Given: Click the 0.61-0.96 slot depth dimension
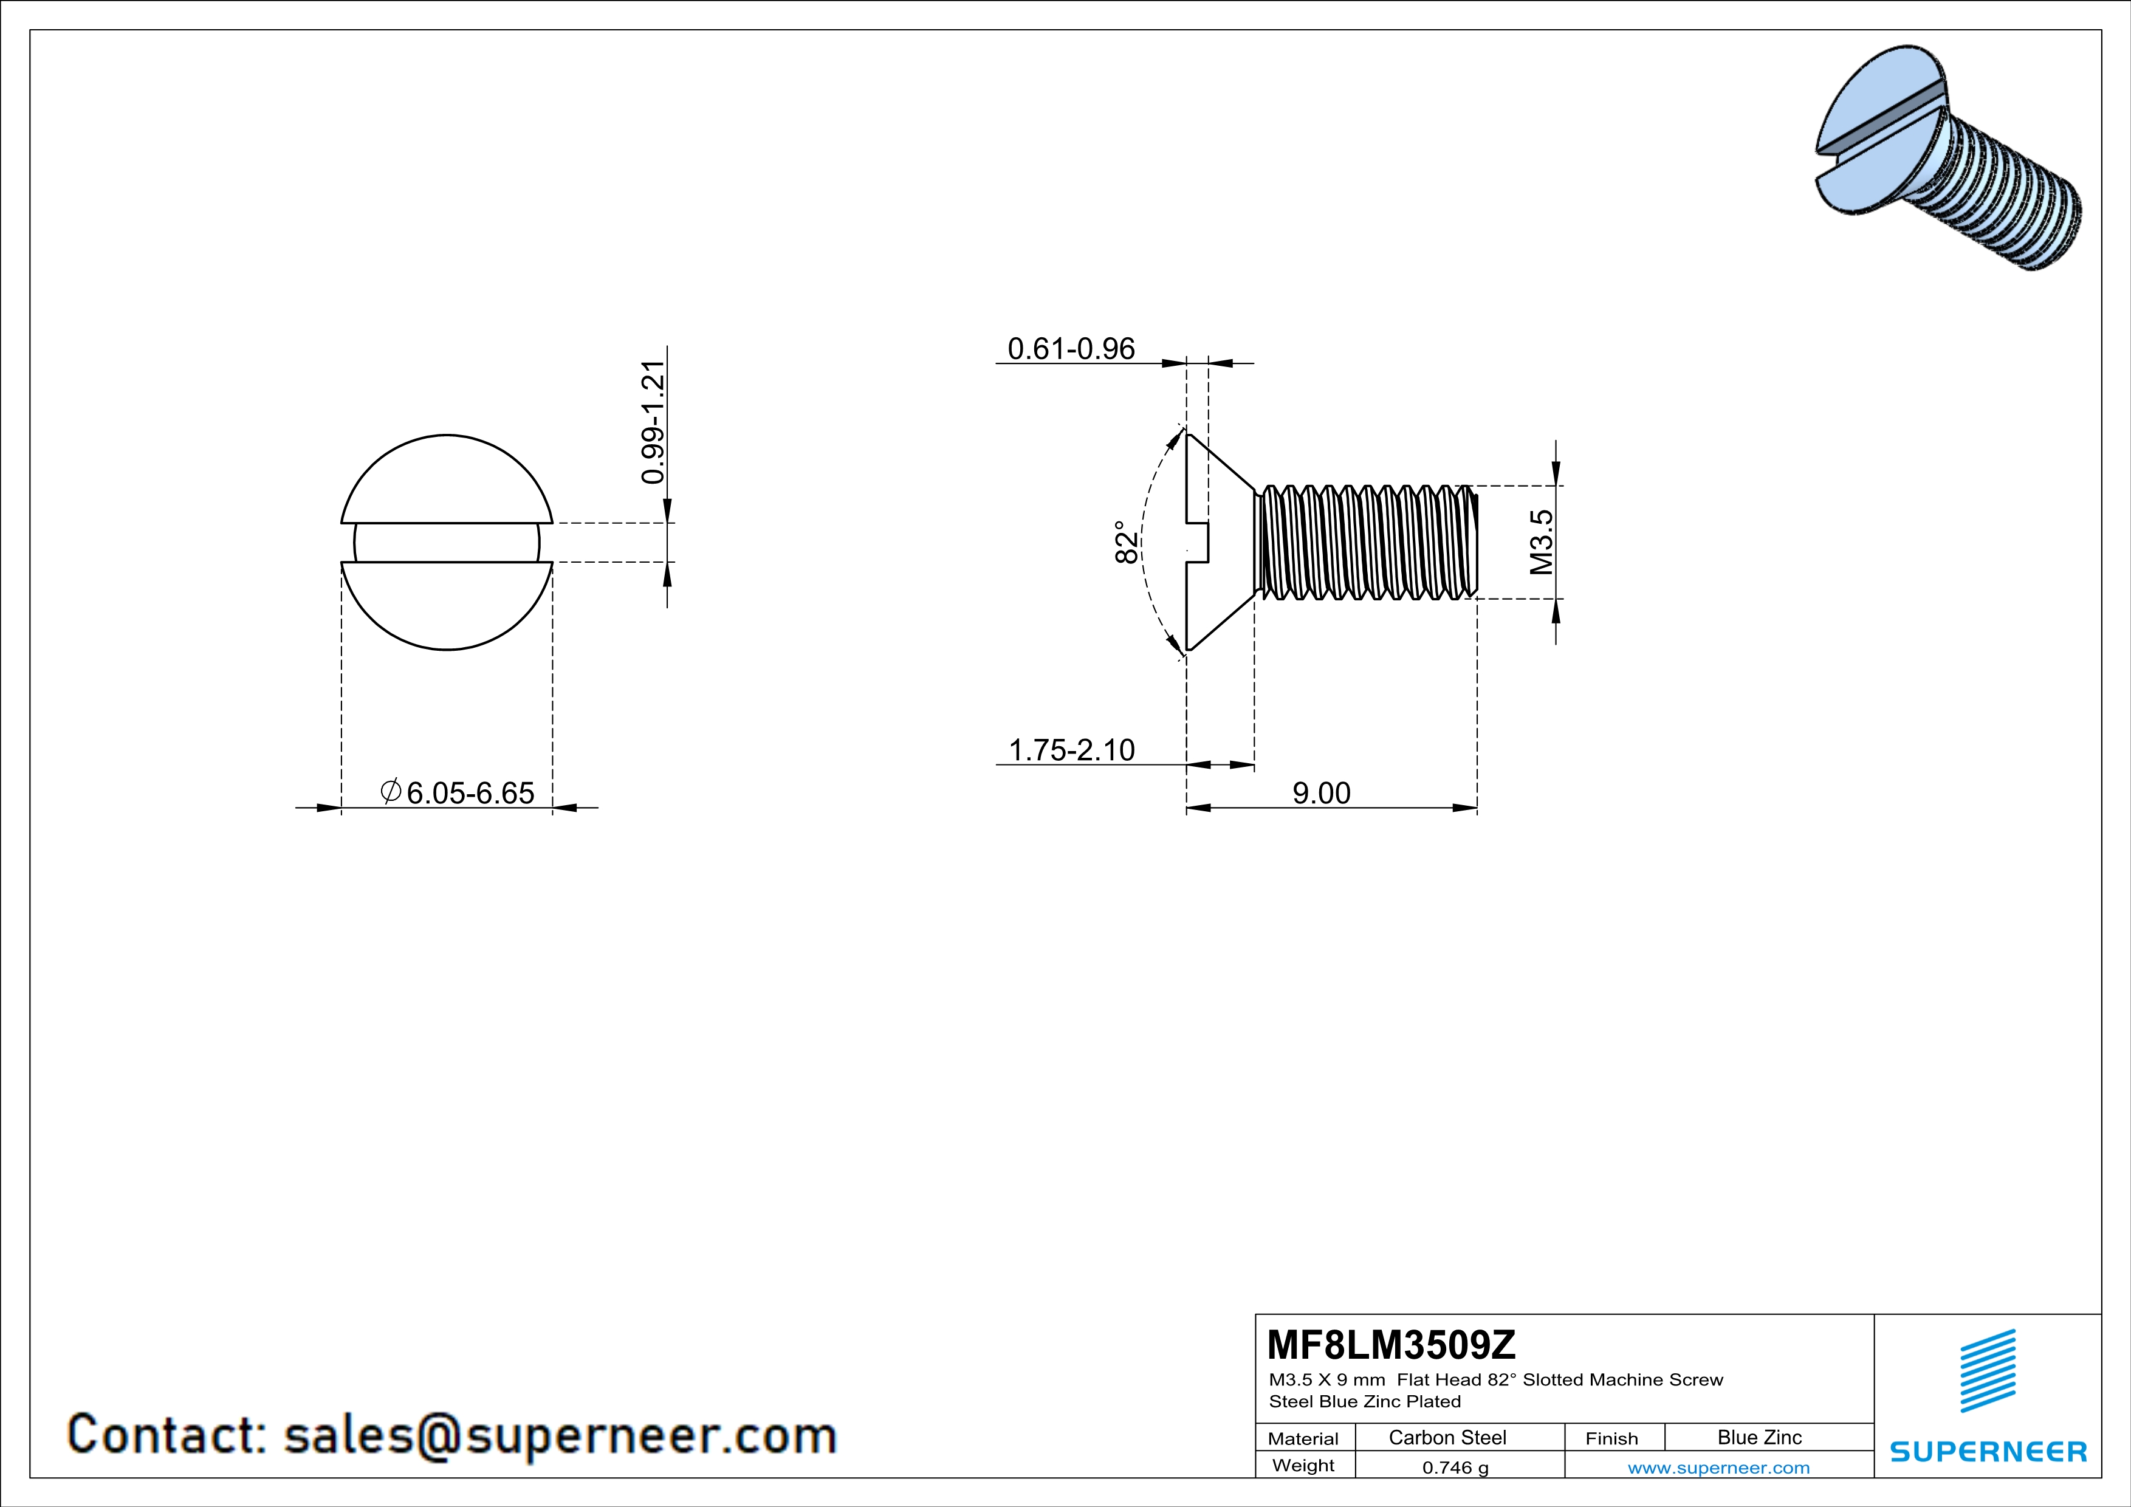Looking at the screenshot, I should (x=1071, y=349).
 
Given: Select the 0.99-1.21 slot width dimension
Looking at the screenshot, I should (x=653, y=422).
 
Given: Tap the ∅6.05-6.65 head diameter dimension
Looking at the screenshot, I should (x=459, y=792).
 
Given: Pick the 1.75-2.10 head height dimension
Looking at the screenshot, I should (x=1071, y=750).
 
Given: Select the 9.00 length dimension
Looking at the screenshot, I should (x=1322, y=794).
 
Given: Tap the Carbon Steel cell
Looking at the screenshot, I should (x=1447, y=1437).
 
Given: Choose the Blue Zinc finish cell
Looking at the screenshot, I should (x=1759, y=1437).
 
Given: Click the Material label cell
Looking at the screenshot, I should (x=1303, y=1438).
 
